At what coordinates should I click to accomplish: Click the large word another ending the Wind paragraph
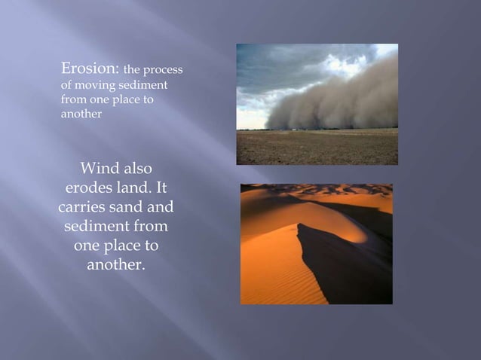(x=117, y=265)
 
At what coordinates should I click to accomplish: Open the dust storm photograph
(x=317, y=104)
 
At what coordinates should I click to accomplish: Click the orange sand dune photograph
(x=316, y=243)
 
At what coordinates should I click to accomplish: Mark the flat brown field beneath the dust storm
(x=317, y=148)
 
